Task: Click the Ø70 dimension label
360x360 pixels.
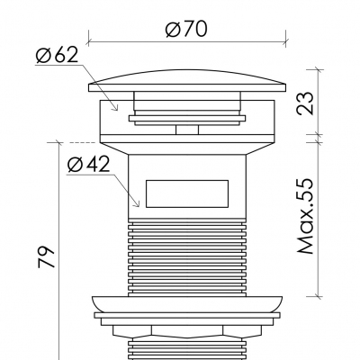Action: [x=188, y=28]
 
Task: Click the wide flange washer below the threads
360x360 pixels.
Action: [x=189, y=303]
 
